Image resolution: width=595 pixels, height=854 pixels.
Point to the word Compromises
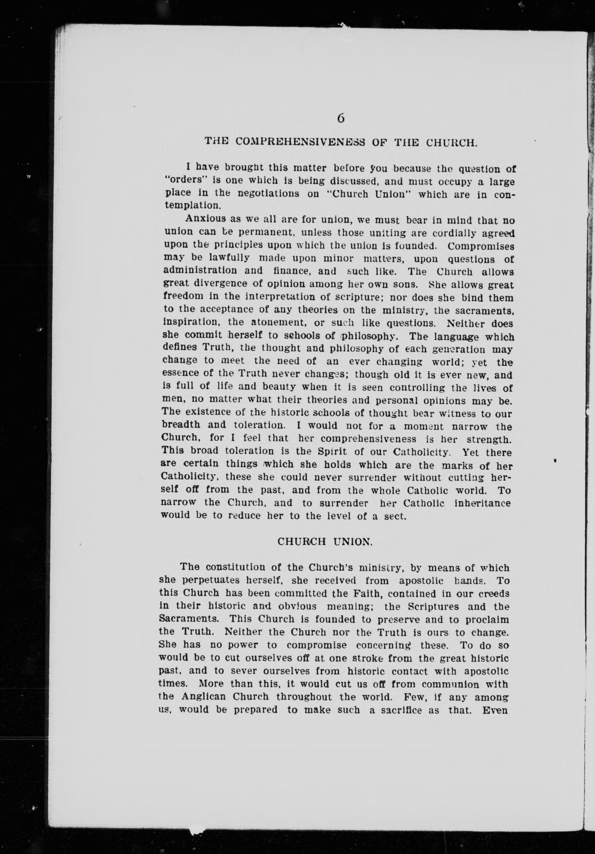click(x=481, y=246)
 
